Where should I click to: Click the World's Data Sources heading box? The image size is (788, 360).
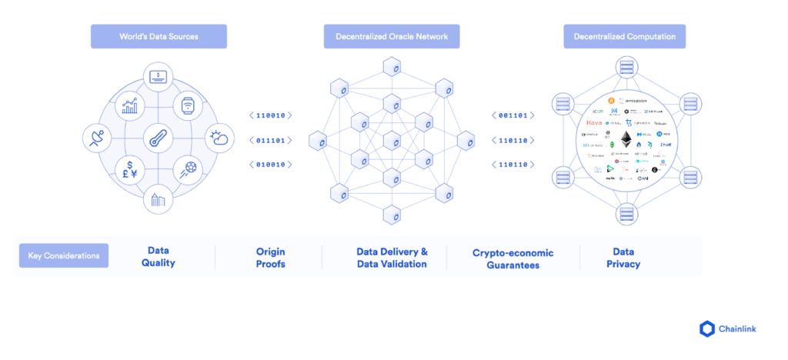coord(159,36)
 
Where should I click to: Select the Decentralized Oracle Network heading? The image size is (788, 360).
coord(392,36)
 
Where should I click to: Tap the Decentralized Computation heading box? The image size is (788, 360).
coord(624,36)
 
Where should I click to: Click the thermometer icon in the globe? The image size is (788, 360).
coord(159,141)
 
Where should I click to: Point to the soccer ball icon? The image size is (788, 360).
coord(189,169)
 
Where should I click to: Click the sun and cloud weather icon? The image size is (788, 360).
coord(219,138)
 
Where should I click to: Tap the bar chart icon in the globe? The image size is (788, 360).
coord(129,108)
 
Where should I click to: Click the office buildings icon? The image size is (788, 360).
coord(159,201)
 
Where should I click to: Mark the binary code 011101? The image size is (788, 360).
coord(270,140)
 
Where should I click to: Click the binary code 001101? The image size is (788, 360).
coord(513,115)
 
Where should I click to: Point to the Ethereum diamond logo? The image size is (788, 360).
coord(626,140)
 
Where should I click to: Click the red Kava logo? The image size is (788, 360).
coord(594,122)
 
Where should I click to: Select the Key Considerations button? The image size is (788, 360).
coord(63,256)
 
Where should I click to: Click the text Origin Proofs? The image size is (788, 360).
coord(270,258)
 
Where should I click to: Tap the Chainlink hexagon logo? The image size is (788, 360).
coord(707,329)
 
